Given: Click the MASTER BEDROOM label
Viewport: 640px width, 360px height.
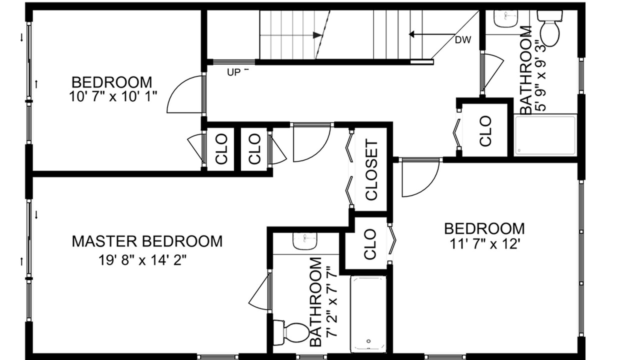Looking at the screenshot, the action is (147, 241).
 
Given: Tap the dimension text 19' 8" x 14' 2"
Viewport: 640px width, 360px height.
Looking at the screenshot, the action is (142, 260).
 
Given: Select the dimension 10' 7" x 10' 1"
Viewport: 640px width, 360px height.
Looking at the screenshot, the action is (113, 96).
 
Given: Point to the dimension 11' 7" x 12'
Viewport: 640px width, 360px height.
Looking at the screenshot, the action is (484, 244).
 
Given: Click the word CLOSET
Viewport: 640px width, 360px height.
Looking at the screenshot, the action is (371, 169).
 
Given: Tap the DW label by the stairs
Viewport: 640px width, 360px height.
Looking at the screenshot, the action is (463, 40).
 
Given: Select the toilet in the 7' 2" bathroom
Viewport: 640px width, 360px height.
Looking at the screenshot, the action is (291, 333).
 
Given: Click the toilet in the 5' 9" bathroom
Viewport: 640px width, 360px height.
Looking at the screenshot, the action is (549, 28).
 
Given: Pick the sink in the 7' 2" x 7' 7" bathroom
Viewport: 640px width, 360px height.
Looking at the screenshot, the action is (305, 240).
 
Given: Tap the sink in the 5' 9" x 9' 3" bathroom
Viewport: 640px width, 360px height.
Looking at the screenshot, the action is (506, 18).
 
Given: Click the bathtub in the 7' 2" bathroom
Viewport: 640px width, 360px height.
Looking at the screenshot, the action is (368, 314).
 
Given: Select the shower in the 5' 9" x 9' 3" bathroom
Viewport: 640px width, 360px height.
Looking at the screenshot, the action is (545, 135).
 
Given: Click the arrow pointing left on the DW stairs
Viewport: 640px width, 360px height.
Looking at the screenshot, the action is (431, 34).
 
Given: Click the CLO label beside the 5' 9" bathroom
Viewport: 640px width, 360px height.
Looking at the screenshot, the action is (485, 131).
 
